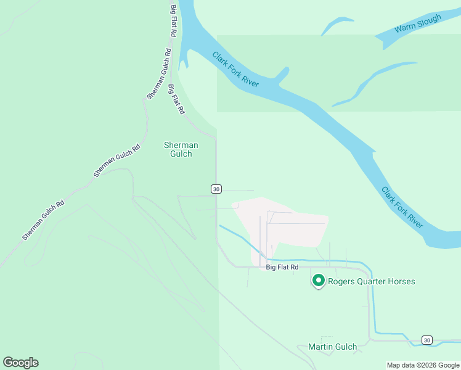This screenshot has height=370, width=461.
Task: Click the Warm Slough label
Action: [418, 24]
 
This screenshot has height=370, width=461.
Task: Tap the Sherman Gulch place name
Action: [181, 149]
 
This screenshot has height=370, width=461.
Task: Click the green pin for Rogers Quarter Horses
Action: [319, 281]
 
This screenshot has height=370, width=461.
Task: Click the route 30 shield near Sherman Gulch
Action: [216, 189]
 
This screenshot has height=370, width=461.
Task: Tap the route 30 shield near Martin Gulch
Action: [426, 340]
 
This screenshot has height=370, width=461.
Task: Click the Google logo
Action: [20, 363]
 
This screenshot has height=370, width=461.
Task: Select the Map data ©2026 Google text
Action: [423, 365]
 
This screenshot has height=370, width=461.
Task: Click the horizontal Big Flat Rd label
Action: [282, 267]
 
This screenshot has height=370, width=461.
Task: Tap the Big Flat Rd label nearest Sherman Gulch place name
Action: [176, 100]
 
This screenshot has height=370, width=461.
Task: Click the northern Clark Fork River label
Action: [235, 69]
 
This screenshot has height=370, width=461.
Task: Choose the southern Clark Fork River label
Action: [402, 207]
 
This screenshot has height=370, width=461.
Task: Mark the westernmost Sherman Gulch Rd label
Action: [43, 220]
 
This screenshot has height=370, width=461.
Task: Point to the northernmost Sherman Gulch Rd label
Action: [158, 74]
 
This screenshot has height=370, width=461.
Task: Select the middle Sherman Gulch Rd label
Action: [117, 160]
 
